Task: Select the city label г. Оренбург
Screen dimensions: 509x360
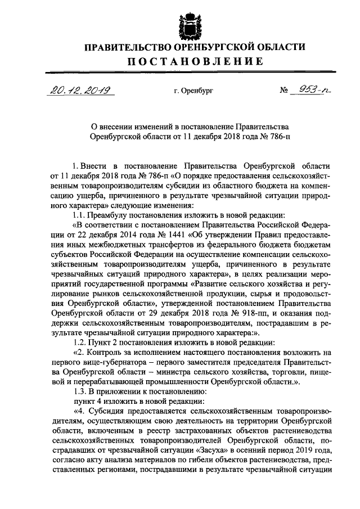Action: (x=194, y=90)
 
